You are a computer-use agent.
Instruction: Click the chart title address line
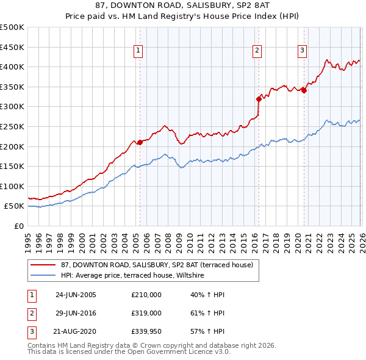(x=182, y=5)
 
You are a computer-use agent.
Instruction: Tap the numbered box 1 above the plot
(x=138, y=51)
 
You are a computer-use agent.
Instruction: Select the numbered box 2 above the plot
(x=257, y=51)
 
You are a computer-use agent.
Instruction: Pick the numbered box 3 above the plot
(x=302, y=51)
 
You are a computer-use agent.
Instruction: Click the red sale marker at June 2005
(x=140, y=142)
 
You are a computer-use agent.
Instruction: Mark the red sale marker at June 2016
(x=258, y=98)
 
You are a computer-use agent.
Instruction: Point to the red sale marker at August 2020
(x=304, y=90)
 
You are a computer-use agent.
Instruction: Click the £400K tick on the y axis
(x=12, y=67)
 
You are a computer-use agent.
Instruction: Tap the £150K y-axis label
(x=12, y=166)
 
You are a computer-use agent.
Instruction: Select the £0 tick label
(x=18, y=226)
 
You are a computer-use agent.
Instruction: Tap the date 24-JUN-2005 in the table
(x=76, y=294)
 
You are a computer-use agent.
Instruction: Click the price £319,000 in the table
(x=146, y=313)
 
